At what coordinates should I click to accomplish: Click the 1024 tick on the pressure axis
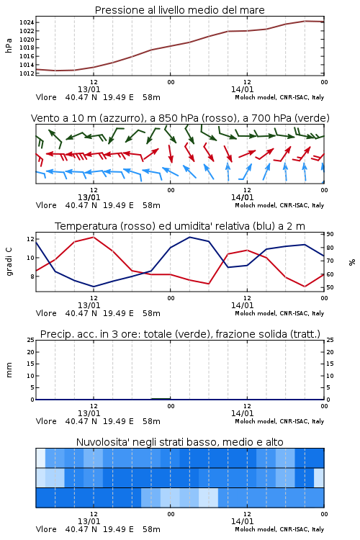(x=27, y=23)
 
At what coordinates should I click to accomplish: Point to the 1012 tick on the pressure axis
(x=27, y=73)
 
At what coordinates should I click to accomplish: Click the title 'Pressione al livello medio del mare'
(x=180, y=10)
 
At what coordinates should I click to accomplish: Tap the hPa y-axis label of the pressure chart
(x=9, y=45)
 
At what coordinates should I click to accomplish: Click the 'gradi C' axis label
(x=9, y=262)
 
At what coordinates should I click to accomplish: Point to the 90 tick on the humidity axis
(x=330, y=234)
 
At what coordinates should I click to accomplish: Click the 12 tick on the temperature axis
(x=30, y=239)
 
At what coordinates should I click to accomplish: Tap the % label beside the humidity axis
(x=352, y=262)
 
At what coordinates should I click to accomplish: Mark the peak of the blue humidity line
(x=190, y=237)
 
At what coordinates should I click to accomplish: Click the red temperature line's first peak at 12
(x=94, y=237)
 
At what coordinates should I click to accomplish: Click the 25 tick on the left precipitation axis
(x=30, y=340)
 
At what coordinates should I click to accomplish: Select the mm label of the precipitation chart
(x=9, y=370)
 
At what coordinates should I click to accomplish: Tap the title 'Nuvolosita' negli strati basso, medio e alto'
(x=180, y=442)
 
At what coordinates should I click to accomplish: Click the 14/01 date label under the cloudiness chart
(x=242, y=521)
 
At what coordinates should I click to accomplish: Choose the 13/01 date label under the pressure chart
(x=89, y=89)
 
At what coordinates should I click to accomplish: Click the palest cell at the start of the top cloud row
(x=40, y=458)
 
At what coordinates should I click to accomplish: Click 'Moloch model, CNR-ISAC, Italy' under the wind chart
(x=279, y=205)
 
